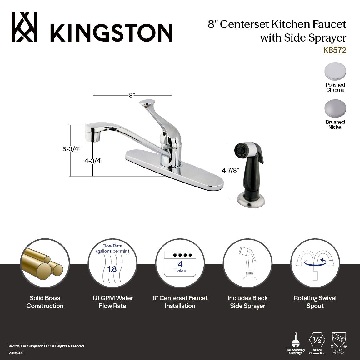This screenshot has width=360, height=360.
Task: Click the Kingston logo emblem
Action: click(x=25, y=27)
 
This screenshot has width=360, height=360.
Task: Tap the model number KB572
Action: click(x=335, y=50)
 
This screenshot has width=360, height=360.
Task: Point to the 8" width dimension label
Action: click(x=132, y=95)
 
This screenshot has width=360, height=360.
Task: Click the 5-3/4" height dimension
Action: click(x=72, y=149)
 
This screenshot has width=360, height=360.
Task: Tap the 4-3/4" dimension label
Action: click(x=93, y=161)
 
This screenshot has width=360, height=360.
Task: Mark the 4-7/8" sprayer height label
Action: click(x=231, y=170)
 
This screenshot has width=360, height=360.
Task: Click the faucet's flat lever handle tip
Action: click(x=147, y=102)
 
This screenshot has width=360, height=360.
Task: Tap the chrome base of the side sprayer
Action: click(x=251, y=199)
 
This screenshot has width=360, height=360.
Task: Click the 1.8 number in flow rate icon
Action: click(x=112, y=269)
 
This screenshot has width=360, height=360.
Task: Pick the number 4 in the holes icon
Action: click(x=180, y=264)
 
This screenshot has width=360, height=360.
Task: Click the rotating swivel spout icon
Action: click(x=315, y=264)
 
